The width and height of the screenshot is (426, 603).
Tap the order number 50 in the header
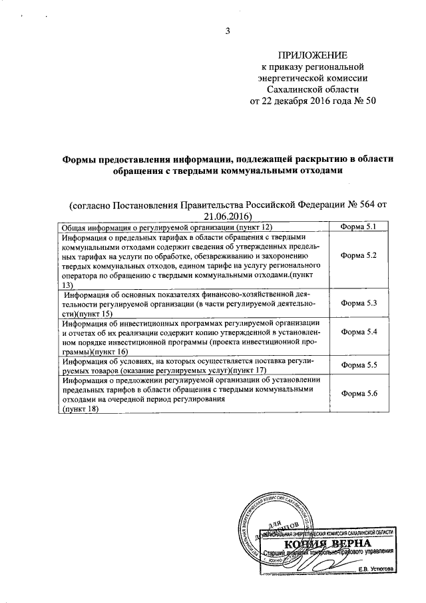[370, 101]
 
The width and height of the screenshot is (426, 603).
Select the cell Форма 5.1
[359, 227]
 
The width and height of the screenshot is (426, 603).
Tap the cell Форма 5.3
[359, 303]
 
